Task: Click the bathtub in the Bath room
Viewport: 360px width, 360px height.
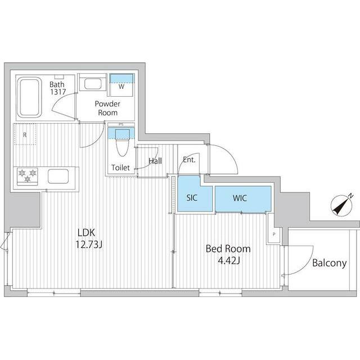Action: pyautogui.click(x=29, y=97)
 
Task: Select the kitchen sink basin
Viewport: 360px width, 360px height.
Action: pyautogui.click(x=58, y=176)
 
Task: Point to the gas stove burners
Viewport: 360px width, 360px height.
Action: pyautogui.click(x=28, y=176)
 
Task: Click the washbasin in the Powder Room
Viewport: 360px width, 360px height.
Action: pyautogui.click(x=93, y=84)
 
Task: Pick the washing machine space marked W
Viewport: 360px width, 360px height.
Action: pyautogui.click(x=121, y=85)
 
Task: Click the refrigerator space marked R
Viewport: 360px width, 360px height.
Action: pyautogui.click(x=25, y=134)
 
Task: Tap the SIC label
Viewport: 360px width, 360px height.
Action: pyautogui.click(x=192, y=197)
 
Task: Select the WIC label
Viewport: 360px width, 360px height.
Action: pyautogui.click(x=240, y=198)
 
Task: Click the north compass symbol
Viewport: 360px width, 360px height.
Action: pyautogui.click(x=341, y=205)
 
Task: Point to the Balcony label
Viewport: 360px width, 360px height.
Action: pyautogui.click(x=329, y=263)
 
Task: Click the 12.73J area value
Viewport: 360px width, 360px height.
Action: pyautogui.click(x=89, y=245)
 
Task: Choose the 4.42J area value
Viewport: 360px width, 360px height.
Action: pyautogui.click(x=229, y=260)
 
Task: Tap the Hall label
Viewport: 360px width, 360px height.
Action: pyautogui.click(x=155, y=161)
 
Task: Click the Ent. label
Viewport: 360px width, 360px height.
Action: pyautogui.click(x=189, y=160)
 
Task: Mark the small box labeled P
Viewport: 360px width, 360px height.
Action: pyautogui.click(x=274, y=235)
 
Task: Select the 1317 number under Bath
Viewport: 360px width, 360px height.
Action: pyautogui.click(x=58, y=92)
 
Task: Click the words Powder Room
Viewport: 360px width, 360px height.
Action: pyautogui.click(x=107, y=108)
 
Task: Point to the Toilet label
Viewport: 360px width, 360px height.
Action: pyautogui.click(x=120, y=168)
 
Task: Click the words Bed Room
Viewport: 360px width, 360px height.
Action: pyautogui.click(x=228, y=249)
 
